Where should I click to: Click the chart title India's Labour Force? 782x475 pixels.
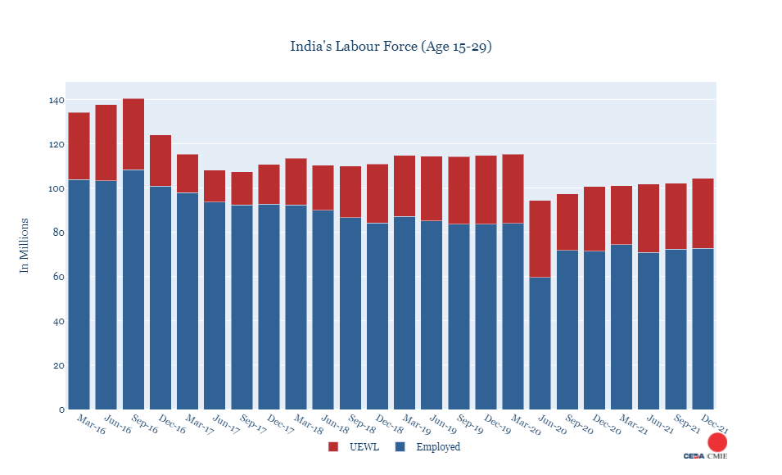391,46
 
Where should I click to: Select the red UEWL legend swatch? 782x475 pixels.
332,447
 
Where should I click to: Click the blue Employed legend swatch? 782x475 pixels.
400,447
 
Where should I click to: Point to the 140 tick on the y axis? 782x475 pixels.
56,100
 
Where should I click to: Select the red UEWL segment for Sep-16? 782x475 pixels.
133,134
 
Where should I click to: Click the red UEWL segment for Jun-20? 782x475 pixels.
540,238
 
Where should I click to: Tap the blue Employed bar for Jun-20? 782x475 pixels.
540,343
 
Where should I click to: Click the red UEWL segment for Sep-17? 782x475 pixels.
242,188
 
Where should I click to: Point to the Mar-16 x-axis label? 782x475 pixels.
91,425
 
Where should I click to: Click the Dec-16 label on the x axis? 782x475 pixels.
172,425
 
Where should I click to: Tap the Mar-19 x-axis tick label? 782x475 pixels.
416,425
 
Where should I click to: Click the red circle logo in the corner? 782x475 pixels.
717,443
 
